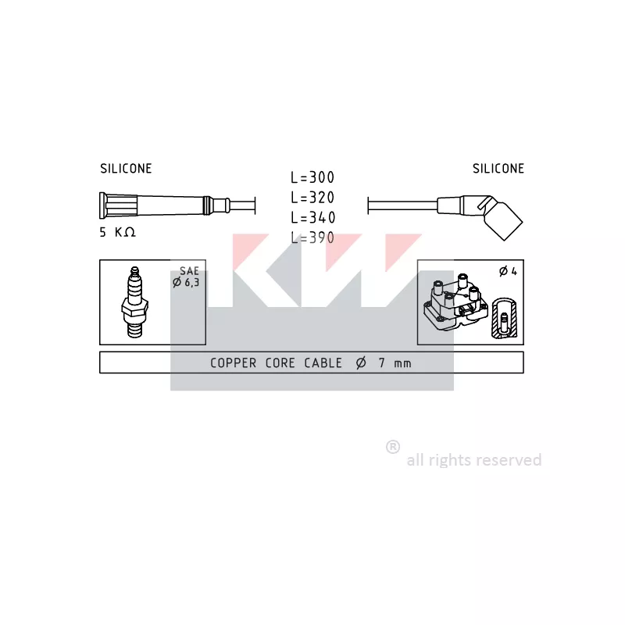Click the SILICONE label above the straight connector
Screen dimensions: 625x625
126,169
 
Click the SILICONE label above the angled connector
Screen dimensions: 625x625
498,169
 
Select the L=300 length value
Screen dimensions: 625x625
312,177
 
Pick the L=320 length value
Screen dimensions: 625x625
312,198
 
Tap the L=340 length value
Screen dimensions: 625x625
313,218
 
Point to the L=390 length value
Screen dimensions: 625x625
312,238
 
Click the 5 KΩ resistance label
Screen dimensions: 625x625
118,232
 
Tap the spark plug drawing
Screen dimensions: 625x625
134,302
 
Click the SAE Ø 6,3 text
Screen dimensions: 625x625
186,277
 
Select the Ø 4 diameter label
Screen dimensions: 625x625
509,271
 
